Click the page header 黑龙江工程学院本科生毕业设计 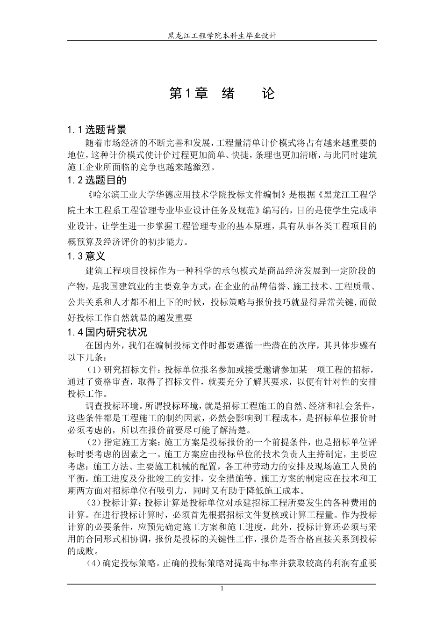(222, 36)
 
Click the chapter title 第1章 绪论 (222, 94)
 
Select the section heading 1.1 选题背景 (97, 130)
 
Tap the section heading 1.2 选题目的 (97, 180)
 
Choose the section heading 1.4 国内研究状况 (107, 332)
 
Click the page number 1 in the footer (222, 589)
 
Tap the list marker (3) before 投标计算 (95, 503)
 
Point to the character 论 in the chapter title (268, 94)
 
